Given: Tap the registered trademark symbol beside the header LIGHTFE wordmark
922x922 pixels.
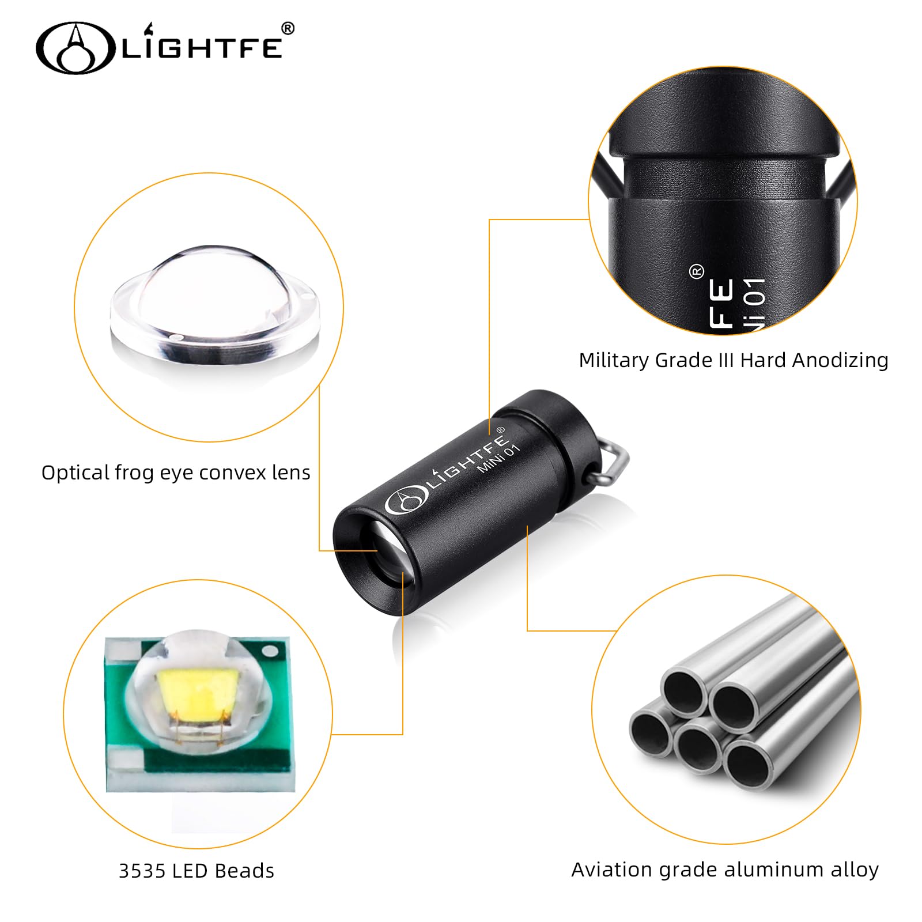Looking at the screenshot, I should pos(288,28).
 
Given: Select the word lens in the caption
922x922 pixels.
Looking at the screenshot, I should pos(291,473).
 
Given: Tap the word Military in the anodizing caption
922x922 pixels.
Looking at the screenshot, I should pos(614,360).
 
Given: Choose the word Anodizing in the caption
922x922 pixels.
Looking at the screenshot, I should pos(840,360).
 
